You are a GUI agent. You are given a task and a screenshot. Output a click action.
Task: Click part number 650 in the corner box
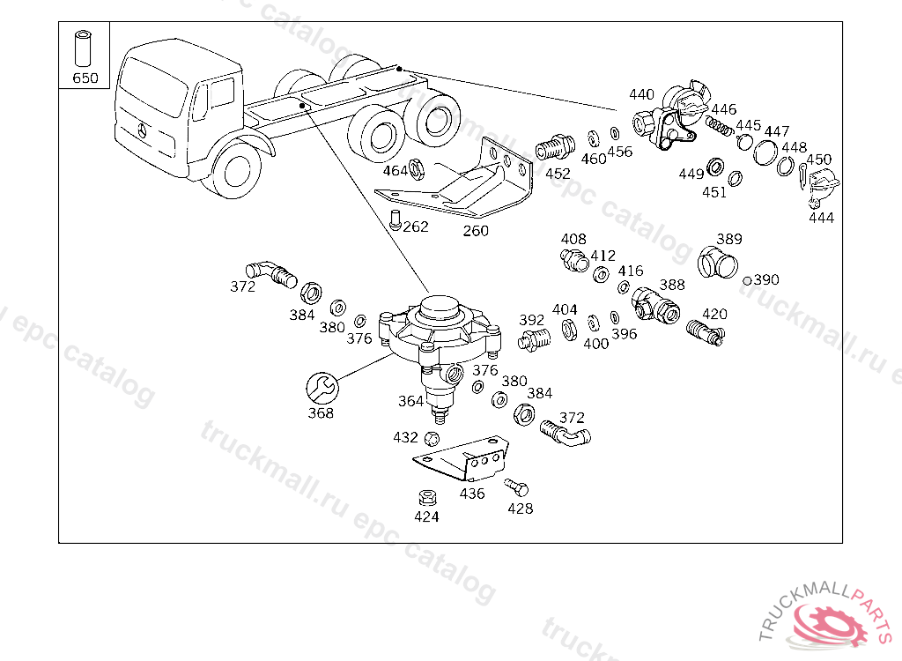[x=85, y=78]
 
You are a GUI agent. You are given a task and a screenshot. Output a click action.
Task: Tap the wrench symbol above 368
[x=322, y=388]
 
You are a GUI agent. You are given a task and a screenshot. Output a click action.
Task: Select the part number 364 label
[x=410, y=401]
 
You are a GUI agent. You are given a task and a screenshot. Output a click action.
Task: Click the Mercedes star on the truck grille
[x=142, y=130]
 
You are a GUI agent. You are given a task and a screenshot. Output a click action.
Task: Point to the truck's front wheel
[x=236, y=170]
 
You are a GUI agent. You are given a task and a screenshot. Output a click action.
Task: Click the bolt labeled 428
[x=516, y=487]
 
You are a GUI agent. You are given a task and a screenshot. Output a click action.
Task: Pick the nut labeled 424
[x=426, y=497]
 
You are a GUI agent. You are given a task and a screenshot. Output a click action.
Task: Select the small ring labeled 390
[x=747, y=281]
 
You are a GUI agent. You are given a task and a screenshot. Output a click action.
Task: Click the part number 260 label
[x=476, y=231]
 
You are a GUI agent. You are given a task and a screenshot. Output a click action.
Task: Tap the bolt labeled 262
[x=396, y=220]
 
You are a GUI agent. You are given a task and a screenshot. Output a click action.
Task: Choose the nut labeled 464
[x=417, y=168]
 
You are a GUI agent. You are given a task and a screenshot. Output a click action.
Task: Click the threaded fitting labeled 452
[x=555, y=147]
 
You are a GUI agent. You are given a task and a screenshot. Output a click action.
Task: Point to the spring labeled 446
[x=720, y=126]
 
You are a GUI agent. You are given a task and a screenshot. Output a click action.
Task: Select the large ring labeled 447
[x=765, y=152]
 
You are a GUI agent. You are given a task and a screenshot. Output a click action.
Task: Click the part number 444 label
[x=821, y=218]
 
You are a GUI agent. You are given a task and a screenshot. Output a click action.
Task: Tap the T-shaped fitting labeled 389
[x=717, y=263]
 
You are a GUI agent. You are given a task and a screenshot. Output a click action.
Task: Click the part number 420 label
[x=714, y=314]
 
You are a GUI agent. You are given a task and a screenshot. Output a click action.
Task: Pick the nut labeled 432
[x=432, y=439]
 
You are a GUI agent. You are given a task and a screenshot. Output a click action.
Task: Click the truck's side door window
[x=221, y=93]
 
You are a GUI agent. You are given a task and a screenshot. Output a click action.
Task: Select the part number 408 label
[x=573, y=239]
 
